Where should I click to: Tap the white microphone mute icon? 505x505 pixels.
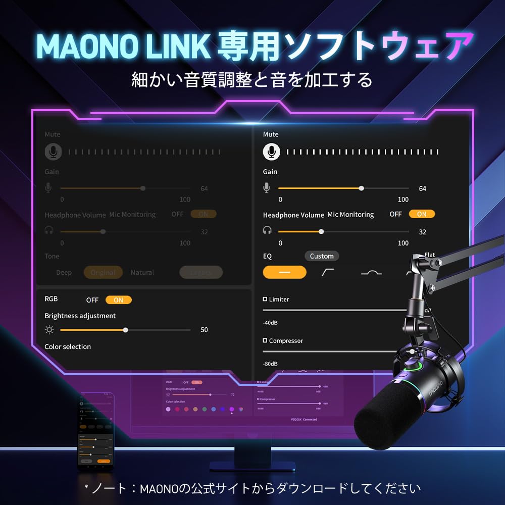[271, 151]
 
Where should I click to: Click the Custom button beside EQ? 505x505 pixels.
[322, 256]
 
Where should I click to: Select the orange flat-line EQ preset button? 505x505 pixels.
[284, 272]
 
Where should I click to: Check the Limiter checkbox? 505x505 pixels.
[265, 299]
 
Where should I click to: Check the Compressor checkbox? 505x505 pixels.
[265, 341]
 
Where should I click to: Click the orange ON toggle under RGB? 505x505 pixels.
[118, 300]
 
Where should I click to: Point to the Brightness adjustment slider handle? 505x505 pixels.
[126, 330]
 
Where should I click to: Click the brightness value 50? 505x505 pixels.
[204, 330]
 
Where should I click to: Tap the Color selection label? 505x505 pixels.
[68, 347]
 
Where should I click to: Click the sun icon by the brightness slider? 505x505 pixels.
[49, 330]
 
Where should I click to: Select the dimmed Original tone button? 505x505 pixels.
[103, 272]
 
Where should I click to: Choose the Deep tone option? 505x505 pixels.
[64, 272]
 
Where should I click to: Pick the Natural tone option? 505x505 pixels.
[142, 272]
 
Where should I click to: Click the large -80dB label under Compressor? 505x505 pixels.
[270, 364]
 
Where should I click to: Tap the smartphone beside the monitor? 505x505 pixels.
[95, 429]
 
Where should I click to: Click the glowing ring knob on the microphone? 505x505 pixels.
[419, 365]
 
